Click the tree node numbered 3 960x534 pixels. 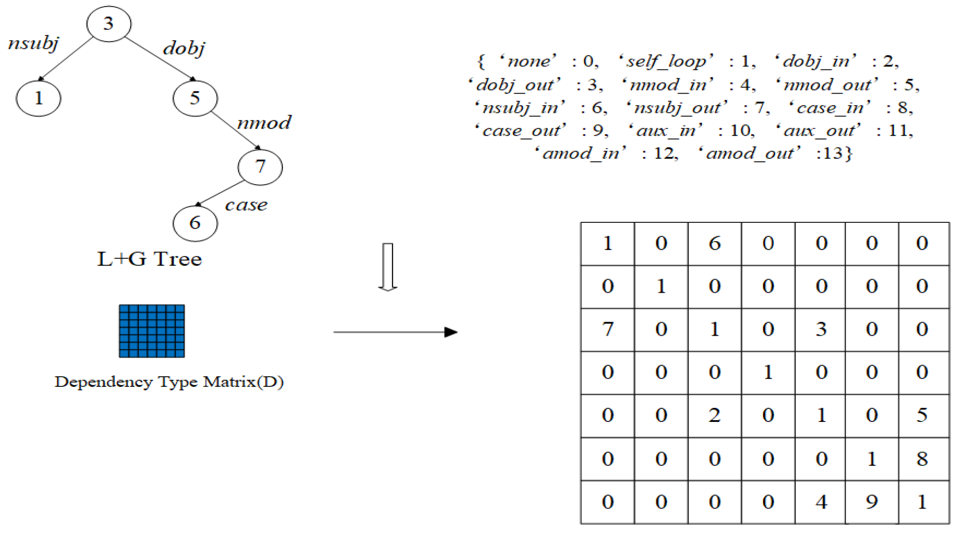109,24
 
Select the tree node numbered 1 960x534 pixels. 39,98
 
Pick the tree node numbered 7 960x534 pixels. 260,167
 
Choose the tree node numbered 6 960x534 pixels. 195,223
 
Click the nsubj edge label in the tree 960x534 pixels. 33,44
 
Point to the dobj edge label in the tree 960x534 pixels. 184,48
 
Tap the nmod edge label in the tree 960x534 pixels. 264,123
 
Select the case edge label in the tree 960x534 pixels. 246,205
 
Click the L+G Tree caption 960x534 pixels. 150,259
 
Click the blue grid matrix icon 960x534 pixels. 152,331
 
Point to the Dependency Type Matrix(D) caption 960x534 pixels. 169,381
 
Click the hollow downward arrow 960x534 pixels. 388,267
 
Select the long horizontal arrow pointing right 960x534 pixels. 396,332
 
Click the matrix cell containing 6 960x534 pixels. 715,243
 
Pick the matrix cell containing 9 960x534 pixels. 872,502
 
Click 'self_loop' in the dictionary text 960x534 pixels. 666,61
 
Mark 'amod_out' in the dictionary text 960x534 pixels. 750,153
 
